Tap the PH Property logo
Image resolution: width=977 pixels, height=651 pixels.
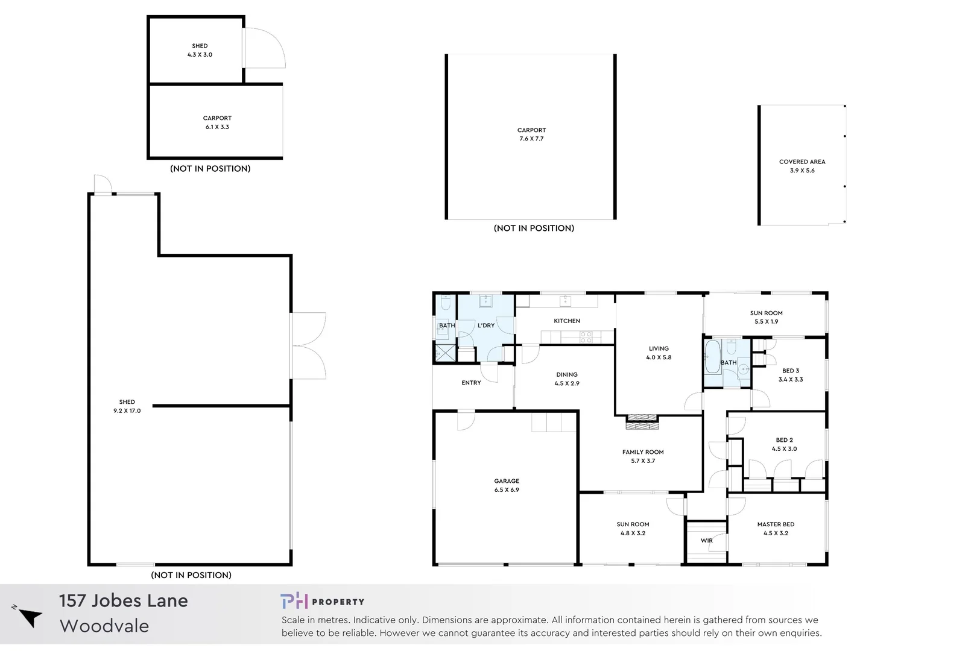coord(322,601)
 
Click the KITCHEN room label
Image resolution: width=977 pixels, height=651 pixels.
coord(567,321)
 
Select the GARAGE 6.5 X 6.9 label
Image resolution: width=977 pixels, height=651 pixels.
coord(507,485)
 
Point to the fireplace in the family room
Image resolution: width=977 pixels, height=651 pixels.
coord(642,422)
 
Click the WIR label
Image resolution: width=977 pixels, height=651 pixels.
coord(707,541)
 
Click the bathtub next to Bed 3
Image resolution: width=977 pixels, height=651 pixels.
coord(712,357)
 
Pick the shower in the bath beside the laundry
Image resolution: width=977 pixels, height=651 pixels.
coord(446,353)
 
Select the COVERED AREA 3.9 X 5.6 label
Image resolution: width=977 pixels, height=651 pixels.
coord(802,166)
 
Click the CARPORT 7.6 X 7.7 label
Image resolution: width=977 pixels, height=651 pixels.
coord(531,134)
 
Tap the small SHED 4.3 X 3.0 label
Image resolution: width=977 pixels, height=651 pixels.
coord(200,50)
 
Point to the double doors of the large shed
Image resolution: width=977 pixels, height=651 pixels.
coord(309,345)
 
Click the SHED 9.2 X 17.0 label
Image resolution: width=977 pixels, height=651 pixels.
coord(127,406)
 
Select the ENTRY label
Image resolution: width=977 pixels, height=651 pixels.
coord(471,383)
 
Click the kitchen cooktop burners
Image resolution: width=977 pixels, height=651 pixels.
coord(586,337)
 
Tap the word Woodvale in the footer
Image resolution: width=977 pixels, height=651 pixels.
coord(104,626)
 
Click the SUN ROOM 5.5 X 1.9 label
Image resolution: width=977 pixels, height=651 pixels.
coord(766,317)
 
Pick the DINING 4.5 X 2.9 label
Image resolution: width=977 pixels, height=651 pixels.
coord(567,379)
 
